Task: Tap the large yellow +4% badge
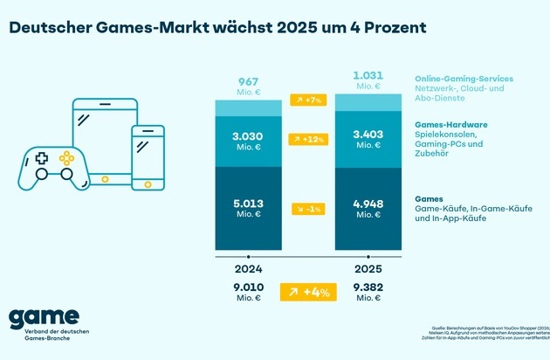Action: [308, 292]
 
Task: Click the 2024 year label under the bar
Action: [249, 269]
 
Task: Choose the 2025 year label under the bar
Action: [368, 269]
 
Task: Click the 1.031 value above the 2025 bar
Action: [368, 74]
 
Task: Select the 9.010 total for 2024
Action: [249, 287]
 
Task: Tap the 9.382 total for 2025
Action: [368, 287]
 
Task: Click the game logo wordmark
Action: [44, 317]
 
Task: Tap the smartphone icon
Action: [148, 155]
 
